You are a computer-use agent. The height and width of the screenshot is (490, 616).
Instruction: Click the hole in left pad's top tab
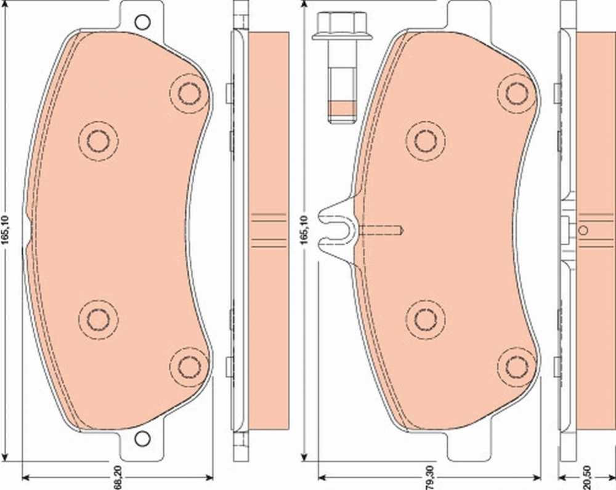(142, 23)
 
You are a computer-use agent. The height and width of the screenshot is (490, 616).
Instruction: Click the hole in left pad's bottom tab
(142, 438)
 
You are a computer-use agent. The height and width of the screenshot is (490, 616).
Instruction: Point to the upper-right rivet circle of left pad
(189, 93)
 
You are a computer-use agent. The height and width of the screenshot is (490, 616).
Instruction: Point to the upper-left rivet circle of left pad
(98, 141)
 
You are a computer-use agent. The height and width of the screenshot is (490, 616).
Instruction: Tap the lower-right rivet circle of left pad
(189, 367)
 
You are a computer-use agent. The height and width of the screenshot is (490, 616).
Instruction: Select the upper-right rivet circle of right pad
(517, 93)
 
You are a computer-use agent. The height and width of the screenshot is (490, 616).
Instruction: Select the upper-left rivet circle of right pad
(426, 141)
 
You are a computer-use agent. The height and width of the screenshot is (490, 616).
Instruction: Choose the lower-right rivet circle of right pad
(517, 367)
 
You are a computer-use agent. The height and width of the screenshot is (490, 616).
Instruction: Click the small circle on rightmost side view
(583, 230)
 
